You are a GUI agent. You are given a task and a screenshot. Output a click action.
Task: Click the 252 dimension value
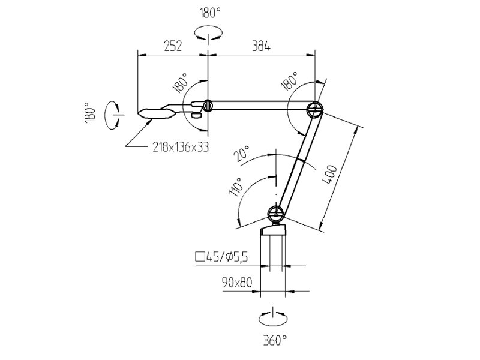[173, 46]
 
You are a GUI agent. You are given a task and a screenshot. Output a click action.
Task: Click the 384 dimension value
[261, 46]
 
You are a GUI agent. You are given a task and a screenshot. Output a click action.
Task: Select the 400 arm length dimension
[329, 175]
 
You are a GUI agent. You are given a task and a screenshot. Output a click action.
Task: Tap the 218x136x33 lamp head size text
[181, 147]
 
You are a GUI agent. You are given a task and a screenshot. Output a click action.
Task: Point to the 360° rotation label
[275, 340]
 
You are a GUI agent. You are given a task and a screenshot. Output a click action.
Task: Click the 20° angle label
[242, 154]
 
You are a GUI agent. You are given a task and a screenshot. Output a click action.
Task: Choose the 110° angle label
[235, 187]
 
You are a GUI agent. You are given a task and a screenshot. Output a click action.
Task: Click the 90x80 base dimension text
[237, 283]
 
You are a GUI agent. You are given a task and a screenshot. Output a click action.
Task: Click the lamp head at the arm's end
[157, 113]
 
